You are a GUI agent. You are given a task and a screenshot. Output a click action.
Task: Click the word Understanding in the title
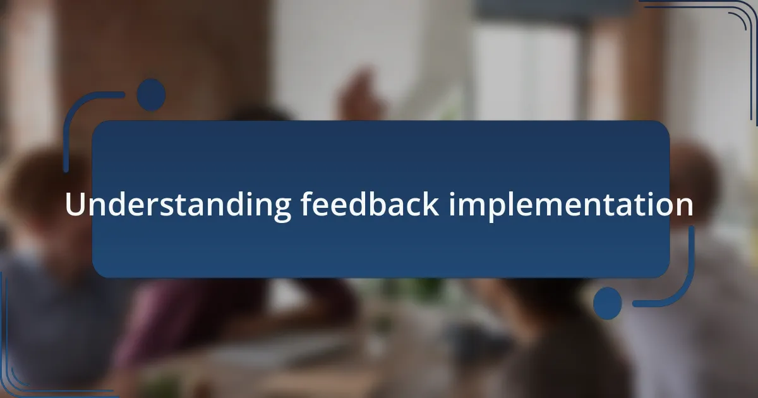178,205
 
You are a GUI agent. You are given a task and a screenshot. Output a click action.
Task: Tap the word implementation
571,205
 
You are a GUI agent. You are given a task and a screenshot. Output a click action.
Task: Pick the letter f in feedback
306,203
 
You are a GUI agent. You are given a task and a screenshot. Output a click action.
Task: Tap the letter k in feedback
430,203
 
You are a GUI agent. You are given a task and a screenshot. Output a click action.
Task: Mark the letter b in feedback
379,203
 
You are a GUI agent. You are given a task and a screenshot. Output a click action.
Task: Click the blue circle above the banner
151,95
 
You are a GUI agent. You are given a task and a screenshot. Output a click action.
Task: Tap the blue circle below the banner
608,303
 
